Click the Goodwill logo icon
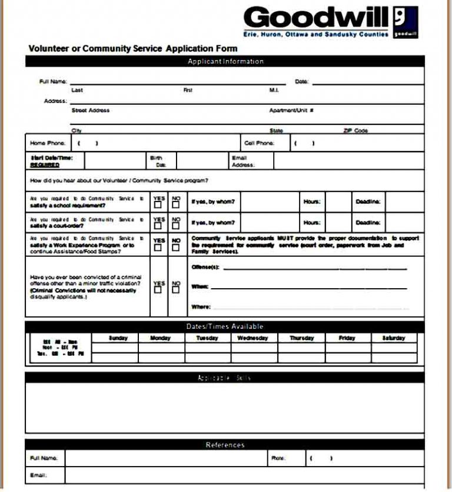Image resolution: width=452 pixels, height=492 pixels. pyautogui.click(x=406, y=22)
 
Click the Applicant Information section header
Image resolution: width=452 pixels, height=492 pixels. pyautogui.click(x=225, y=61)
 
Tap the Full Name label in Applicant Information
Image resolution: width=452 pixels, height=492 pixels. pyautogui.click(x=53, y=81)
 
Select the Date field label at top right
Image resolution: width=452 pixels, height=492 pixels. pyautogui.click(x=301, y=81)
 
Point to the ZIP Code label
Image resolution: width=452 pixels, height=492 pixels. pyautogui.click(x=355, y=131)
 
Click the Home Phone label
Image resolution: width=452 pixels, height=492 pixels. pyautogui.click(x=47, y=143)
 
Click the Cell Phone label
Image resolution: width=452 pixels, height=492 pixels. pyautogui.click(x=259, y=143)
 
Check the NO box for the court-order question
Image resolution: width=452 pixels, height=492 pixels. pyautogui.click(x=175, y=226)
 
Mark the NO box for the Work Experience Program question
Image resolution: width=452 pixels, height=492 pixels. pyautogui.click(x=175, y=247)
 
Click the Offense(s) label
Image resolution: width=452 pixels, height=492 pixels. pyautogui.click(x=205, y=268)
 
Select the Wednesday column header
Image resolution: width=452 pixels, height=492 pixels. pyautogui.click(x=252, y=338)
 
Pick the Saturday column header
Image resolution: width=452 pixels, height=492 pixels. pyautogui.click(x=394, y=338)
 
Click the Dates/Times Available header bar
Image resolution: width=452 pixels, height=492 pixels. pyautogui.click(x=225, y=326)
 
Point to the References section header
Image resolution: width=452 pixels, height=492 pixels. pyautogui.click(x=225, y=445)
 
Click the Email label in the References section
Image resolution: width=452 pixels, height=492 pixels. pyautogui.click(x=38, y=476)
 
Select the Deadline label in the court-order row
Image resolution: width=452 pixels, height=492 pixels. pyautogui.click(x=368, y=223)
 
